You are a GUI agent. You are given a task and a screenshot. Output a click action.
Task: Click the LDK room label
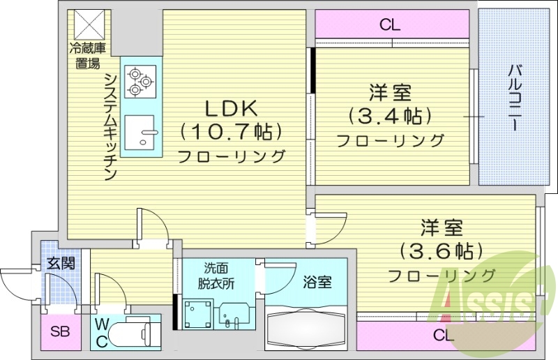(231, 108)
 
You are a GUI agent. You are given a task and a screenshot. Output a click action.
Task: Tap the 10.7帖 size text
(231, 131)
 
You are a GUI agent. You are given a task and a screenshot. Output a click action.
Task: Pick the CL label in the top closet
(390, 26)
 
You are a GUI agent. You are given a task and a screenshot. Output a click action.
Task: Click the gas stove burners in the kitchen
(139, 81)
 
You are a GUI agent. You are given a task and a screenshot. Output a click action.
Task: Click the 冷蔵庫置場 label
(86, 56)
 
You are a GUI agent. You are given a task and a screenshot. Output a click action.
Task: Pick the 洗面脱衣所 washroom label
(219, 276)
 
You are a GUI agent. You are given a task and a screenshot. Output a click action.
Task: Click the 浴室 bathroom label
(317, 283)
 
